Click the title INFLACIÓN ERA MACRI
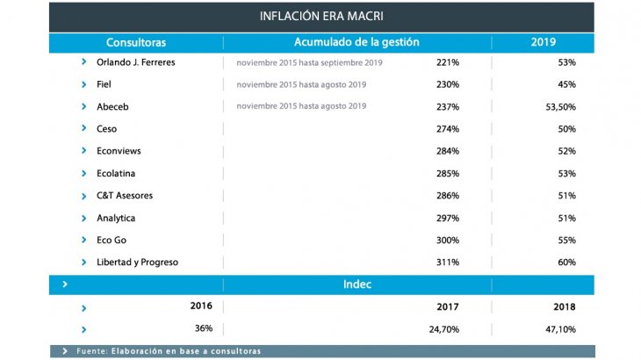tap(321, 16)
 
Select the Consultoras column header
tap(136, 42)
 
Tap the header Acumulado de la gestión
tap(357, 42)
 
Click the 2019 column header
tap(543, 42)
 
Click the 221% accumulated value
tap(448, 62)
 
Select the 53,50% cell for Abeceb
tap(560, 106)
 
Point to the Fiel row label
tap(104, 84)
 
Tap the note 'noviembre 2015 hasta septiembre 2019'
tap(309, 62)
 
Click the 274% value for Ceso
tap(448, 129)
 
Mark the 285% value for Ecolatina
tap(448, 174)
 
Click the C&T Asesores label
tap(127, 196)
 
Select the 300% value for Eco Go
tap(448, 240)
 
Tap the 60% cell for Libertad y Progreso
tap(566, 262)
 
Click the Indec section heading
tap(357, 284)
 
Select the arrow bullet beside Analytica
tap(84, 218)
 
